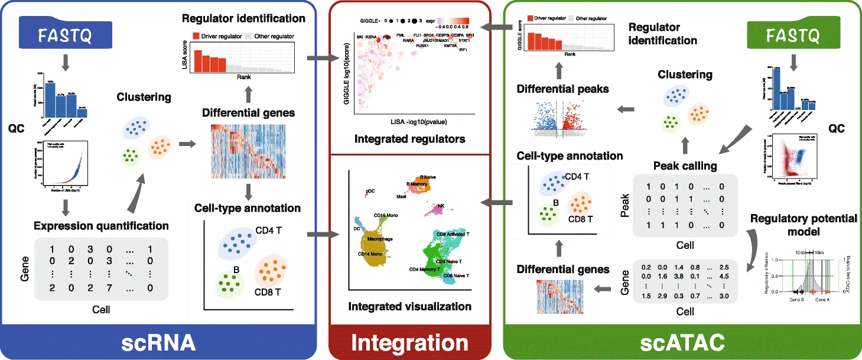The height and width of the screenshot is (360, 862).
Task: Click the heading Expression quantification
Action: click(x=101, y=225)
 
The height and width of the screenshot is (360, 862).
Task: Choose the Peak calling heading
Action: click(x=685, y=166)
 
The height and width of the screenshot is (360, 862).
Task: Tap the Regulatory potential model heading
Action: click(x=803, y=225)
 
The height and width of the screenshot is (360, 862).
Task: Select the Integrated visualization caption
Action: click(x=409, y=307)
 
